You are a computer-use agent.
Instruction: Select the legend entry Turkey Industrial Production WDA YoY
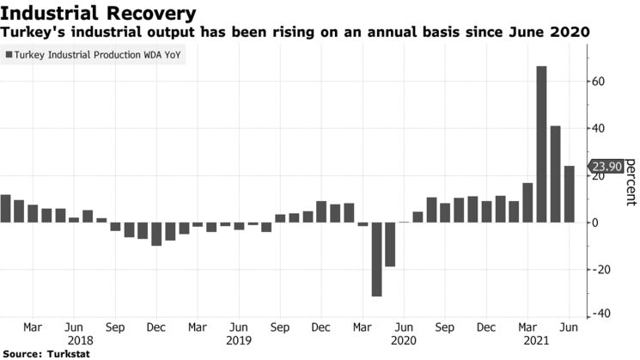click(x=100, y=55)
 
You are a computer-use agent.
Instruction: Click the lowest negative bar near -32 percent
click(x=376, y=259)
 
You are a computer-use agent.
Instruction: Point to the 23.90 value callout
click(x=605, y=167)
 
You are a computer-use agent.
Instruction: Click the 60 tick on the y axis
click(x=600, y=82)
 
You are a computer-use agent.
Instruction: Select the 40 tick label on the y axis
click(x=600, y=128)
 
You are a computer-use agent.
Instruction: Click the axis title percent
click(x=631, y=181)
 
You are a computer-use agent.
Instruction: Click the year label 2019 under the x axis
click(x=239, y=340)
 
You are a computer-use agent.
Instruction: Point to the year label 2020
click(x=404, y=340)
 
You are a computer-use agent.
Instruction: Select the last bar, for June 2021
click(x=569, y=194)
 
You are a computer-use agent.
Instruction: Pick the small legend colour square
click(x=9, y=55)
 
